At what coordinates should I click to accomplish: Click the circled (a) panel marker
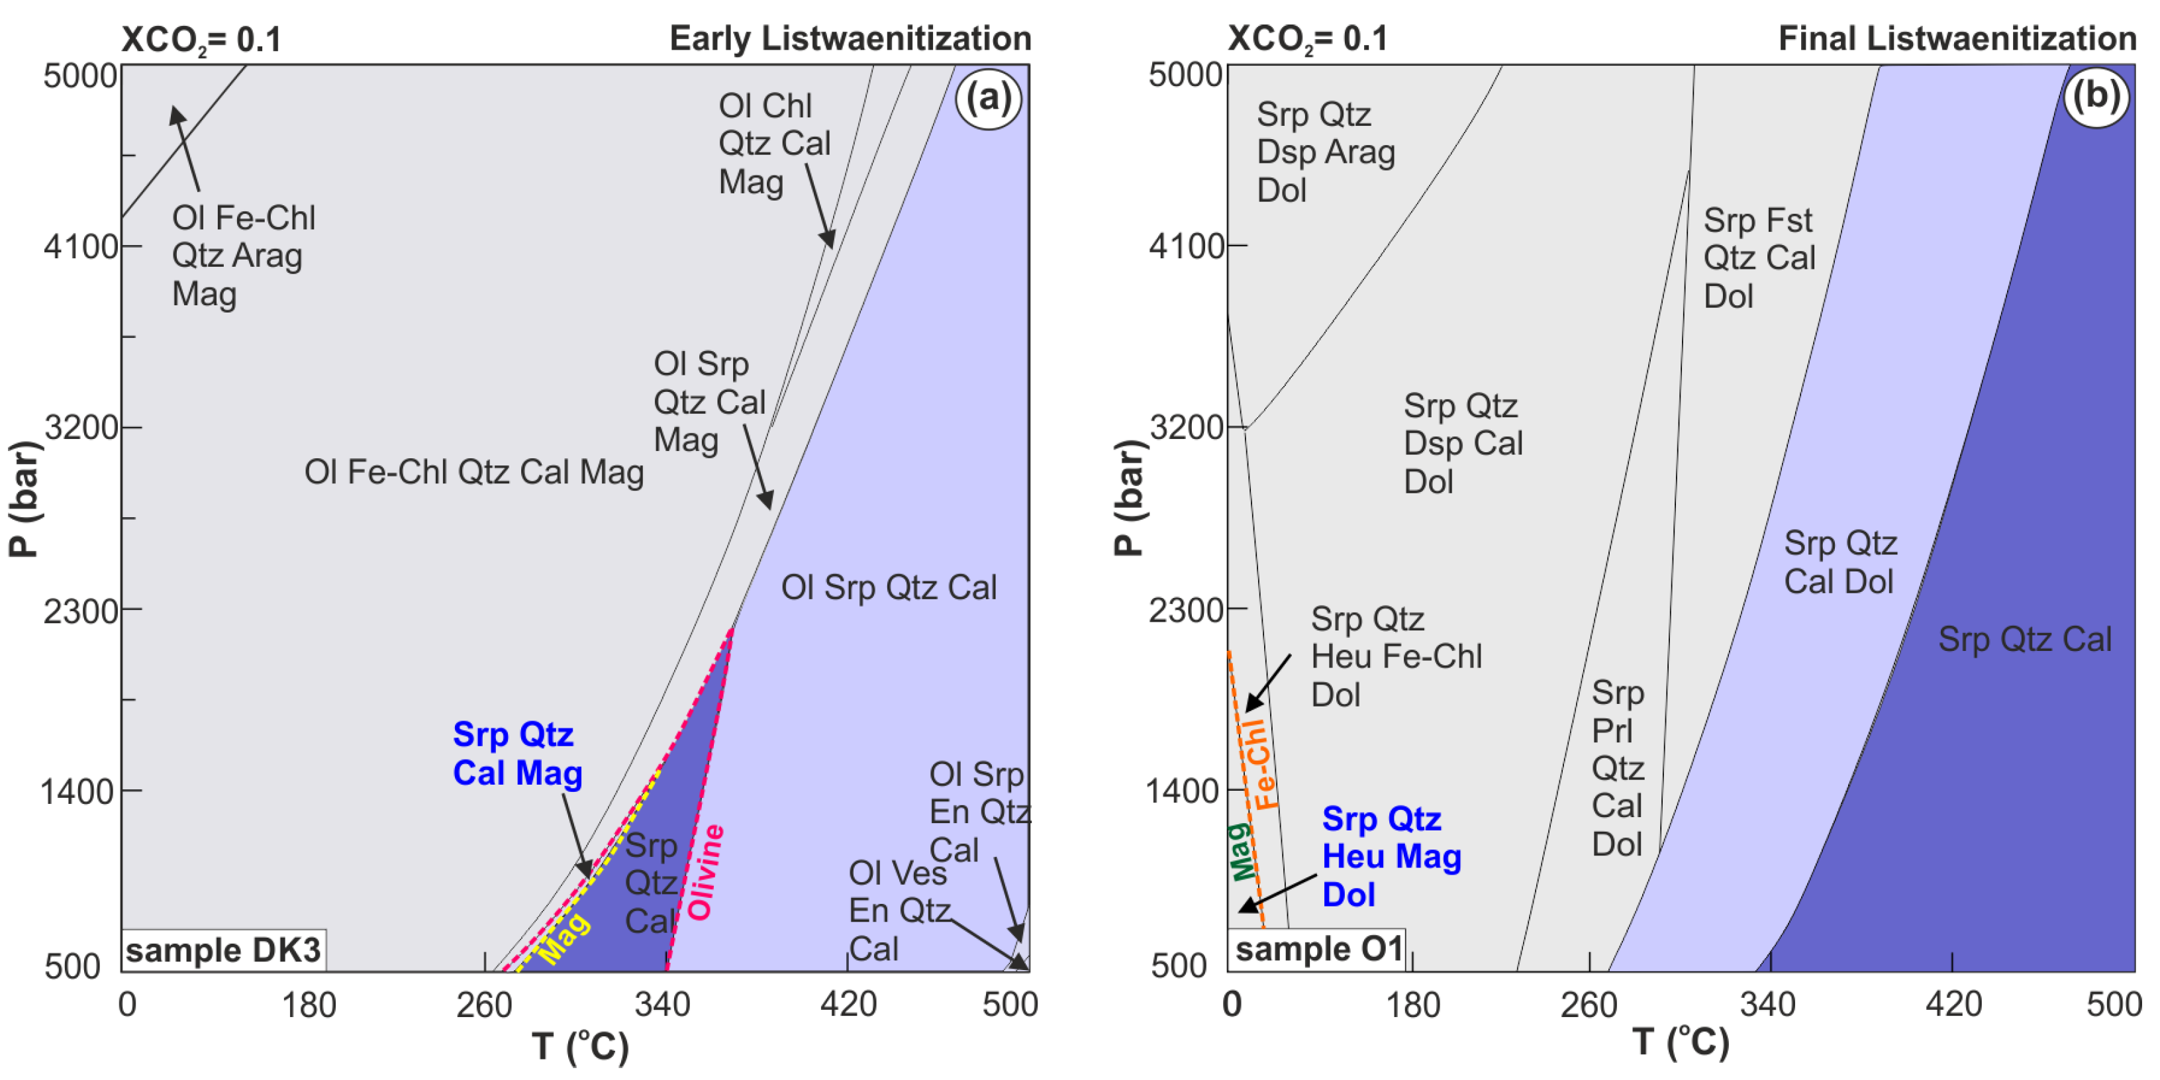click(989, 99)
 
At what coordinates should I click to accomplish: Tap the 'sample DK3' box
click(223, 950)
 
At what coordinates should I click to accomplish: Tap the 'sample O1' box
click(1317, 949)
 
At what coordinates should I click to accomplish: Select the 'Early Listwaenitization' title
click(850, 38)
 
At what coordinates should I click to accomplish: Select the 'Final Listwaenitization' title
click(1957, 38)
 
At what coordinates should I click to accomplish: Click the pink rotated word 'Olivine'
click(705, 872)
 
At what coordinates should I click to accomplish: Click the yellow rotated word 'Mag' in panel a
click(564, 938)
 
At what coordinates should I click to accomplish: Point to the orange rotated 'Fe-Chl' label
click(1259, 763)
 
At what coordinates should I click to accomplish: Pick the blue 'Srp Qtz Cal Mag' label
click(517, 754)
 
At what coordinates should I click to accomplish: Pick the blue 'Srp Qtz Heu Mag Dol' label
click(1391, 856)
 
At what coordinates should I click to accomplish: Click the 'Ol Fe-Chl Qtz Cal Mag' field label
click(473, 472)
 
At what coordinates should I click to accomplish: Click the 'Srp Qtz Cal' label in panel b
click(2024, 640)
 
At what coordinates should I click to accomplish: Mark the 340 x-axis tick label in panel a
click(662, 1004)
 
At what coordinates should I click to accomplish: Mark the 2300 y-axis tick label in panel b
click(1187, 611)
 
